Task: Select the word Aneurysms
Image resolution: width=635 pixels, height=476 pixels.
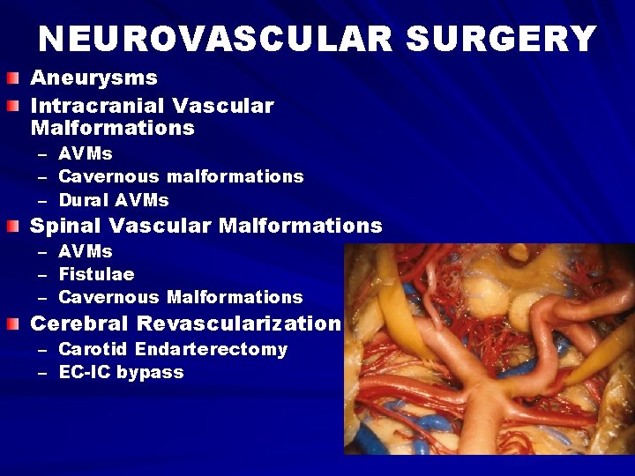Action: tap(93, 78)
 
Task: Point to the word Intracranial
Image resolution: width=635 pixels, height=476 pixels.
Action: tap(97, 106)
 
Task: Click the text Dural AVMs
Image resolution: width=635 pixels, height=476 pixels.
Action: tap(113, 200)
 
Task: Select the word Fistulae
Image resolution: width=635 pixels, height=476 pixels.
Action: tap(96, 274)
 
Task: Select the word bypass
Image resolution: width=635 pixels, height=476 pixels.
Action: tap(150, 373)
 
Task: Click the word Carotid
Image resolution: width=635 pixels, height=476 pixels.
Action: tap(93, 349)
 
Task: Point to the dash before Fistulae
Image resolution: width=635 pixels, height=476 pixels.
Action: tap(41, 275)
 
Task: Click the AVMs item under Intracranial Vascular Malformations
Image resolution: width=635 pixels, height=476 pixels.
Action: tap(85, 153)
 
